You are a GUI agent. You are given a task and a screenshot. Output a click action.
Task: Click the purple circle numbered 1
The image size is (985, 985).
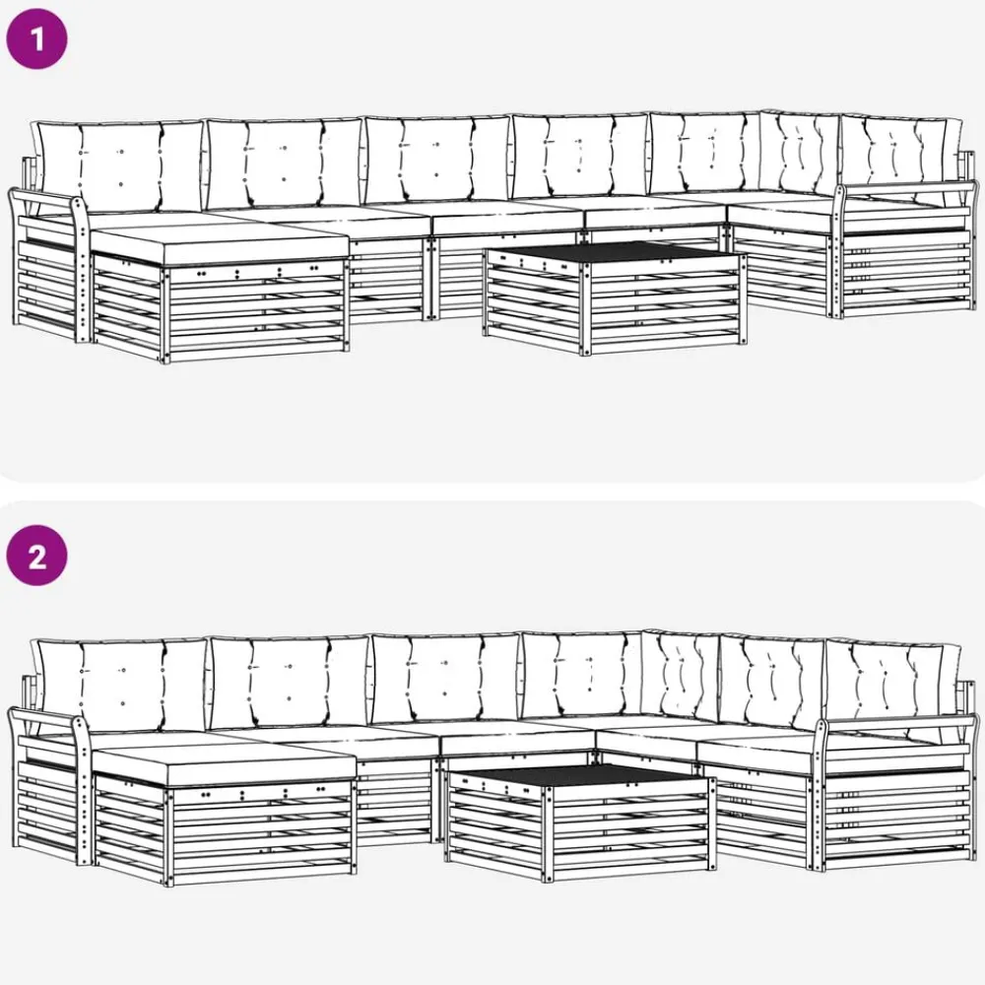[36, 38]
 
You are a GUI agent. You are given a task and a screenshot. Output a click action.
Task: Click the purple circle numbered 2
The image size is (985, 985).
[36, 556]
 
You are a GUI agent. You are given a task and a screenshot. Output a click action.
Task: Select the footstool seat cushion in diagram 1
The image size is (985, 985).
[220, 243]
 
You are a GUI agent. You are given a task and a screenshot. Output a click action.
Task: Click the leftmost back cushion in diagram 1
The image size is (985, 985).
[119, 166]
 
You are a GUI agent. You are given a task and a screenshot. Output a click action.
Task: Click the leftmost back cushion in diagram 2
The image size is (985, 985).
[119, 686]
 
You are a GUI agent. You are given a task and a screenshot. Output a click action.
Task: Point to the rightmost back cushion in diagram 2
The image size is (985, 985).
[892, 686]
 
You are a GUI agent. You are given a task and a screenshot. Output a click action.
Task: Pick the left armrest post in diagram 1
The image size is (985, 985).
[81, 270]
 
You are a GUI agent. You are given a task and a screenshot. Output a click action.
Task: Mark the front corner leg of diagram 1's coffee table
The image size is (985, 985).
[585, 308]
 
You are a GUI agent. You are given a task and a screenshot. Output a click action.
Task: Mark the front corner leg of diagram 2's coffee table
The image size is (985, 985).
[549, 833]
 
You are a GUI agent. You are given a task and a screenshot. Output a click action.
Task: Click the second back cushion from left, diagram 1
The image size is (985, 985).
[285, 164]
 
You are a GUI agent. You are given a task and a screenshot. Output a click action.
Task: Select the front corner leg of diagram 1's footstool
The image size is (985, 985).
[165, 313]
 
